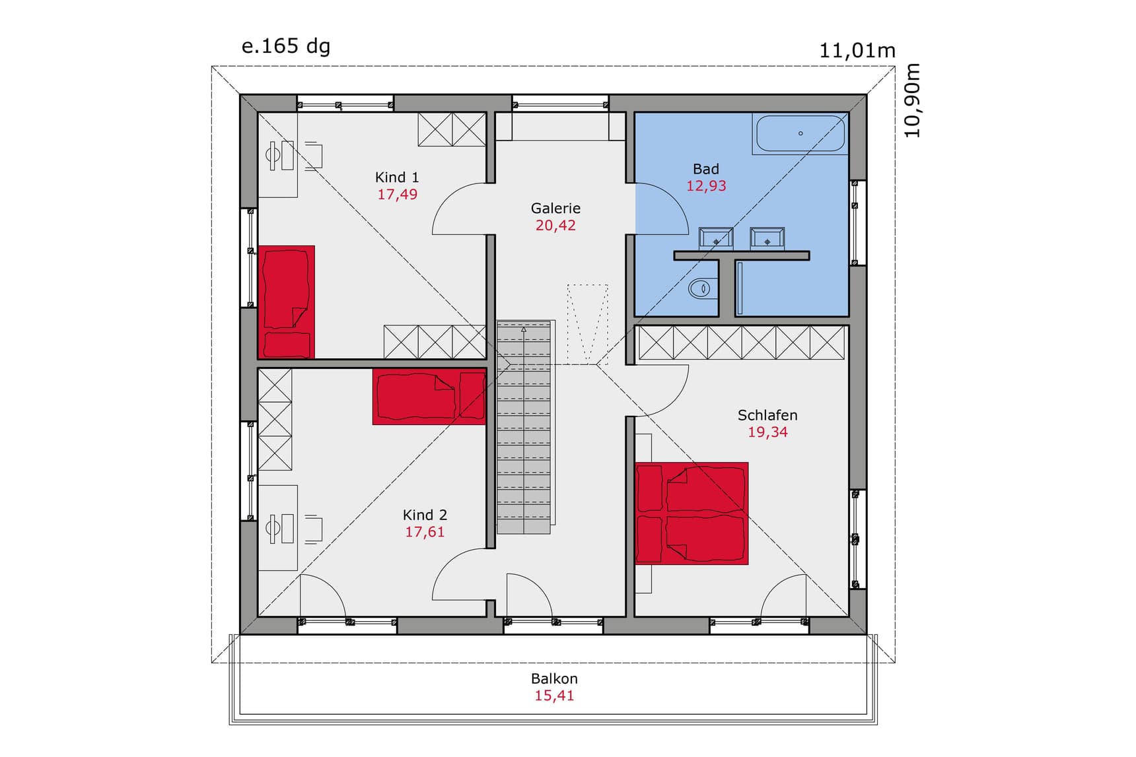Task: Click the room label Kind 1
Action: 396,177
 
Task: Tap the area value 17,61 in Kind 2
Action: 425,532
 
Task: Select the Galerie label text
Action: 555,208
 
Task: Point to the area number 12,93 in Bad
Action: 706,186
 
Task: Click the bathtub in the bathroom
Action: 800,134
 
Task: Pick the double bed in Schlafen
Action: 692,513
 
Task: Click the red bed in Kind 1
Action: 286,302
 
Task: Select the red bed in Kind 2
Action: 429,396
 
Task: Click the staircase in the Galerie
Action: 524,427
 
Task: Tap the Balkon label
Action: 554,678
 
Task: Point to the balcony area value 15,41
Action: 554,696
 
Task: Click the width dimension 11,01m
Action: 857,50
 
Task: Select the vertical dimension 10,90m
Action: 912,100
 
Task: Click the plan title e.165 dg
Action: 286,46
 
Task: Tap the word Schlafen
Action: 767,415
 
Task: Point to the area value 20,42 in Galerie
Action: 555,226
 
